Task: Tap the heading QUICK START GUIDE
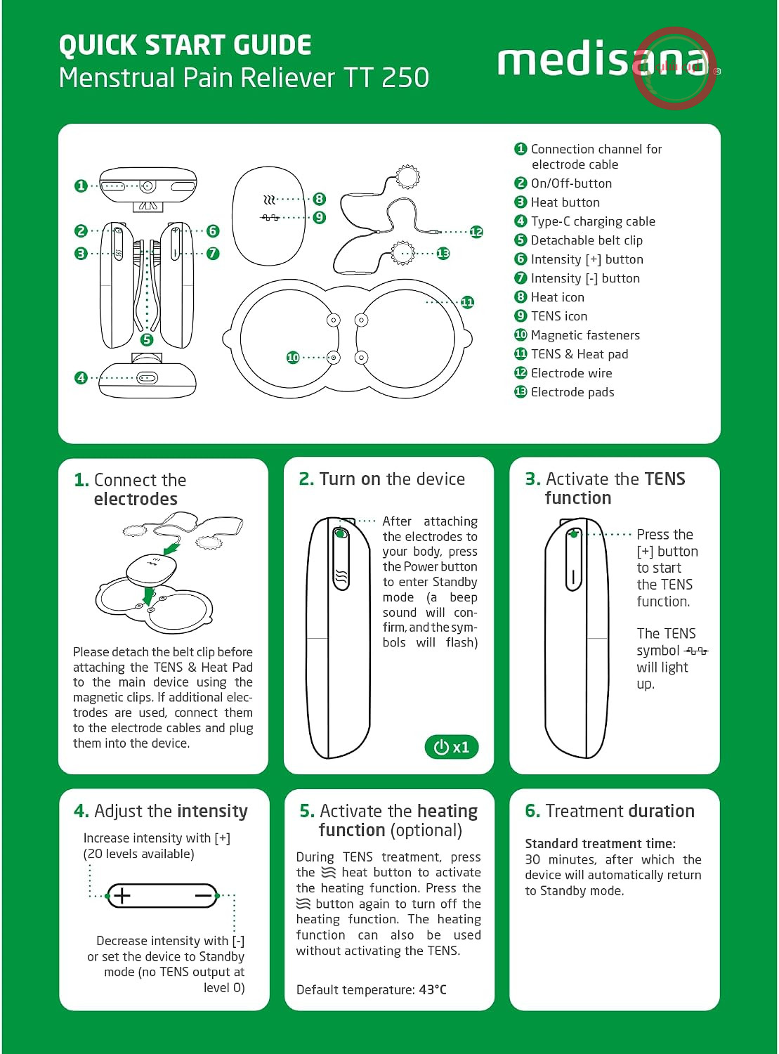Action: coord(185,45)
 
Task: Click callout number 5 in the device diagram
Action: coord(147,340)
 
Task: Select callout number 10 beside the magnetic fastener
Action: coord(293,358)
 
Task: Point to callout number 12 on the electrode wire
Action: coord(476,232)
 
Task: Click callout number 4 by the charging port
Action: coord(81,378)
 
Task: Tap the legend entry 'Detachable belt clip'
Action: coord(587,240)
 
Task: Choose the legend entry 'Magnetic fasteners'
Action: coord(585,335)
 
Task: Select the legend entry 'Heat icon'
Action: coord(558,297)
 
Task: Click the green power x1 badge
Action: coord(451,747)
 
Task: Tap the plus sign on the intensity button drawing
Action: coord(122,896)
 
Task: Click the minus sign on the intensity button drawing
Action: coord(204,896)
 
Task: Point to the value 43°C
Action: coord(433,990)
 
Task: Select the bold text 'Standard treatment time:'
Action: coord(601,843)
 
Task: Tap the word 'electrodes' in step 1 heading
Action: coord(136,499)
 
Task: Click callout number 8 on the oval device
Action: coord(319,199)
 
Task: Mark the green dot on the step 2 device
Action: coord(340,533)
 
